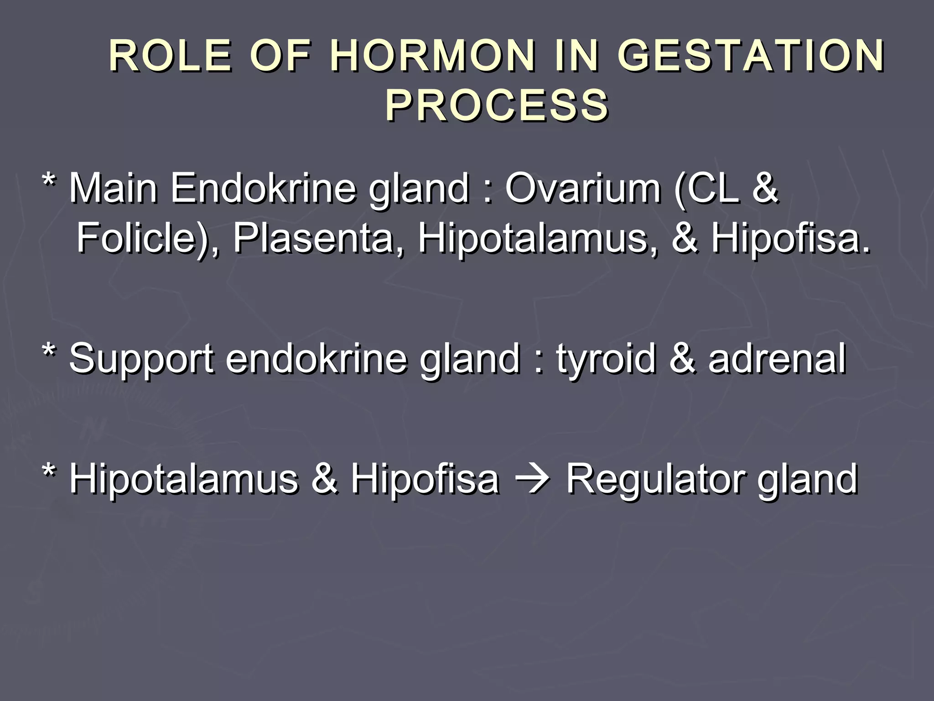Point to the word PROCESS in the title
coord(497,106)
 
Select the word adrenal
coord(777,359)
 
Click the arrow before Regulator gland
coord(532,480)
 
